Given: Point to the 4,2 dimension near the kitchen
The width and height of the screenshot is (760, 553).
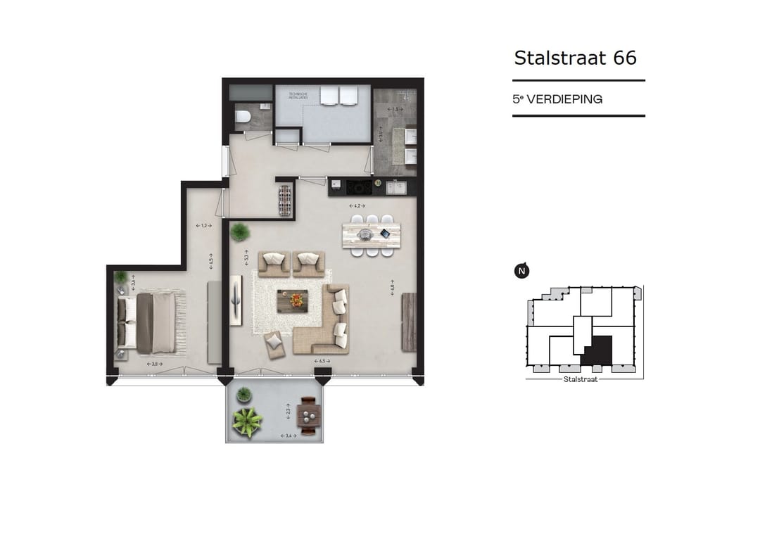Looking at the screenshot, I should pos(356,205).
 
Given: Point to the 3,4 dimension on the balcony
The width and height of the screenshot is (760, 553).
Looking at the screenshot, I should pos(287,436).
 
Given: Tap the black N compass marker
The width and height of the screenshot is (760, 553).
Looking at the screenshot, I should pos(521,270).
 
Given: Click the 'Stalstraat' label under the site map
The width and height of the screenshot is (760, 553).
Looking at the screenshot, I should pos(581,379).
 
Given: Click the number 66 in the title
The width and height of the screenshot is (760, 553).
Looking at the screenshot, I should pos(625,57).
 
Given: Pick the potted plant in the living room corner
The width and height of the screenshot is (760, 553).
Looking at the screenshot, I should pos(241,231).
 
